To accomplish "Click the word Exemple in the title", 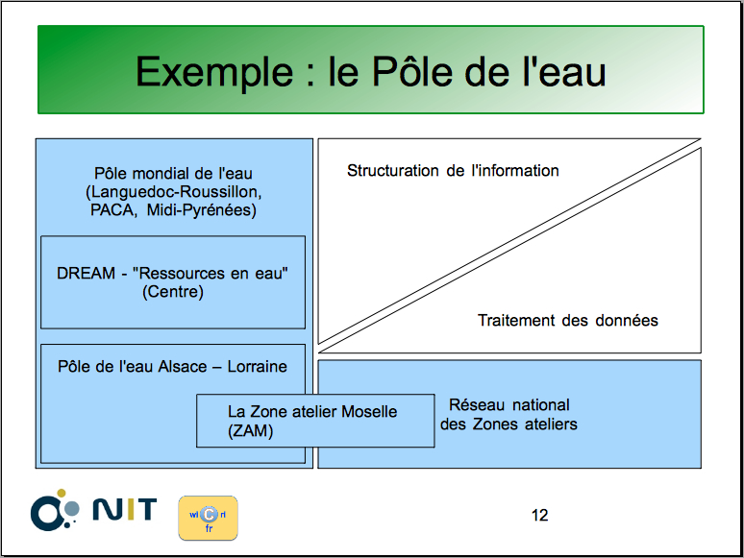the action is tap(214, 73).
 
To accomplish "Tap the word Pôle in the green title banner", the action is tap(410, 71).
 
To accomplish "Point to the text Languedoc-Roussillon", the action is tap(174, 192).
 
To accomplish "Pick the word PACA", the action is tap(112, 210).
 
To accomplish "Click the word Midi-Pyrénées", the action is tap(201, 210).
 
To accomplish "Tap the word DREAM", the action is tap(86, 274).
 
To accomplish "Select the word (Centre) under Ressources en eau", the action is tap(173, 292).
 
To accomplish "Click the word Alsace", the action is tap(183, 367).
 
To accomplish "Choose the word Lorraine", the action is tap(258, 367).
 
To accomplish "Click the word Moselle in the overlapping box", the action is tap(369, 411).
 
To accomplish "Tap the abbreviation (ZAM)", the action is tap(251, 431).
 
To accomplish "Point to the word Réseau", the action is tap(477, 405).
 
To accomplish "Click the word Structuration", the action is tap(393, 171).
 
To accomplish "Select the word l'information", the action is tap(515, 171).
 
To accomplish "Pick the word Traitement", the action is tap(516, 321).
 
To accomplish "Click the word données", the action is tap(627, 321).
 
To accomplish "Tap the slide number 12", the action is tap(540, 516).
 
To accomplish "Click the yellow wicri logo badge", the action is tap(209, 519).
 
